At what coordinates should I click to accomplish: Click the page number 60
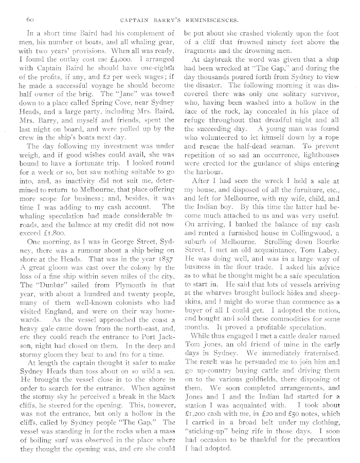27,20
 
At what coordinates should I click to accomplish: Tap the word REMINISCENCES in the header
212,20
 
